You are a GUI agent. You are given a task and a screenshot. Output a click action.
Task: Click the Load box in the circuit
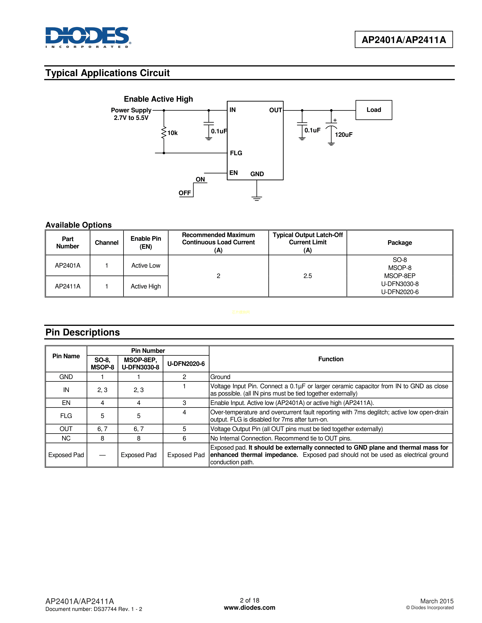374,110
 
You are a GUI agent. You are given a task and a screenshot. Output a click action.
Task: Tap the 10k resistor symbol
164,133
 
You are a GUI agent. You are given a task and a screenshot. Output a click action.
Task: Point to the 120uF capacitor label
343,135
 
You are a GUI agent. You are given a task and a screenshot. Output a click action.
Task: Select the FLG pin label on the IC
236,153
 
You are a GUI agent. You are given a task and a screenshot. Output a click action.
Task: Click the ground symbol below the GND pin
257,198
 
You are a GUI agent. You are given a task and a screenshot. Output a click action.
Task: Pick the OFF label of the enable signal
184,193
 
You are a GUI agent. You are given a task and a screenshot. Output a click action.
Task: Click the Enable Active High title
158,99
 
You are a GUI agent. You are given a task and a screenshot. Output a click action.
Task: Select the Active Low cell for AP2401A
146,266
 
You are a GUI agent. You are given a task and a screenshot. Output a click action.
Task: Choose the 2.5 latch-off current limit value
308,276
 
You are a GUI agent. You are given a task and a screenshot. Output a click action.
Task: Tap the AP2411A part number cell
68,286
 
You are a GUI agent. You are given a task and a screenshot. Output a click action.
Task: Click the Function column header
331,359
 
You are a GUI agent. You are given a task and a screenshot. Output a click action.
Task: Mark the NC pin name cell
66,438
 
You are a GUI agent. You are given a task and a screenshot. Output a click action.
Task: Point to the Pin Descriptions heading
83,332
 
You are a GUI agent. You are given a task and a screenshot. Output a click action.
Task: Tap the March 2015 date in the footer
437,601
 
